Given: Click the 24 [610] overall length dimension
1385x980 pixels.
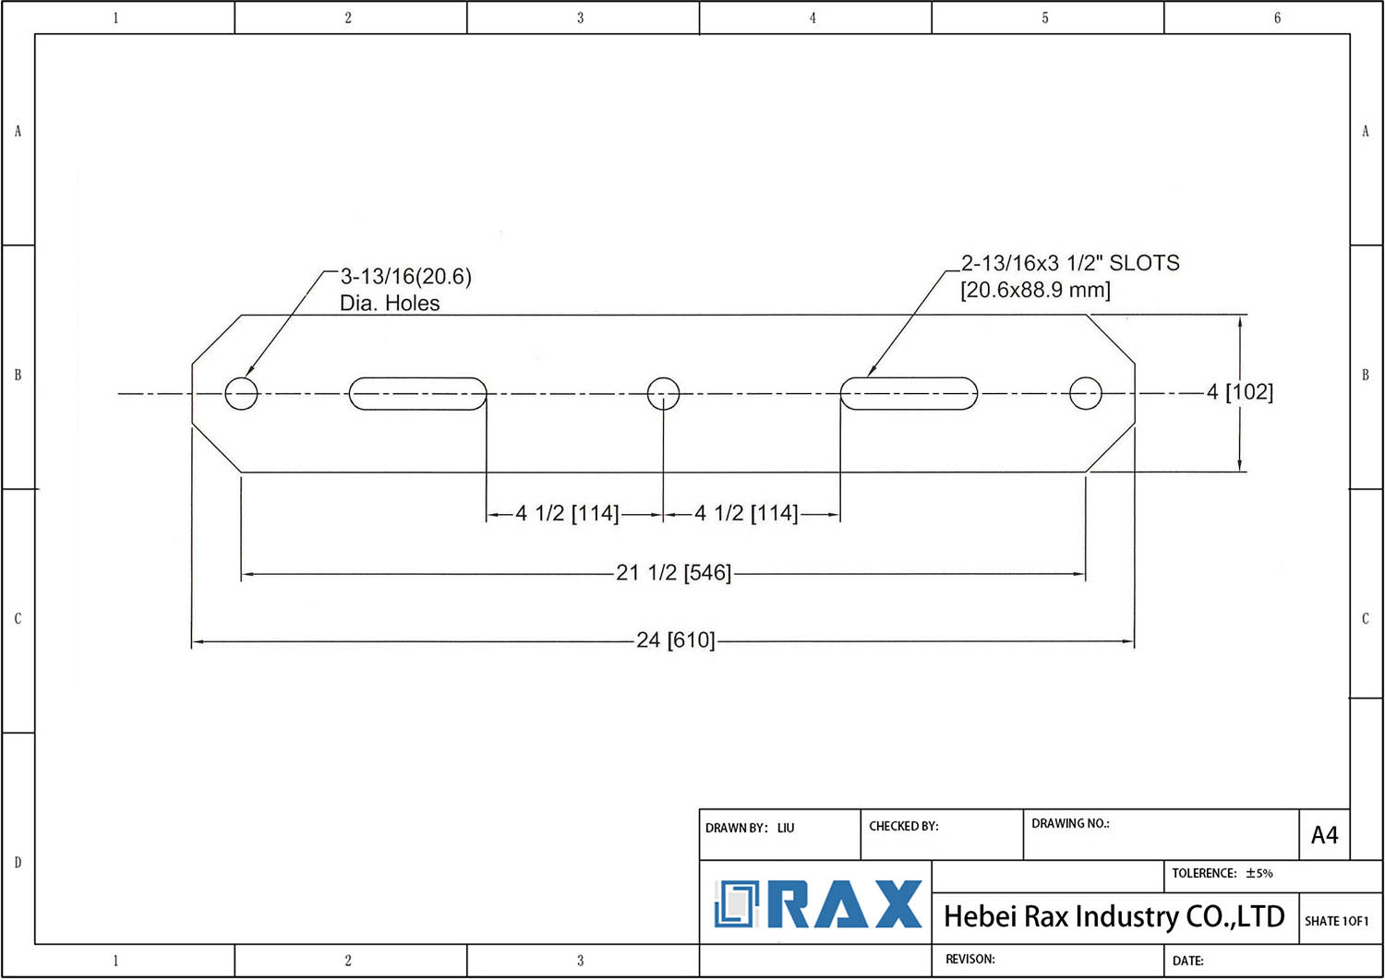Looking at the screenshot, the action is [676, 640].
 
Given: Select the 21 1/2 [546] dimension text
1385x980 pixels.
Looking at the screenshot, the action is [674, 573].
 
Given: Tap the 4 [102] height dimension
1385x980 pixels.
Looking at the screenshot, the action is [1240, 392].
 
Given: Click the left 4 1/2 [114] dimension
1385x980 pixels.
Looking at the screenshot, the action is [567, 513].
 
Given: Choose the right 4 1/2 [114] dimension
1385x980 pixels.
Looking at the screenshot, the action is [746, 513].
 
